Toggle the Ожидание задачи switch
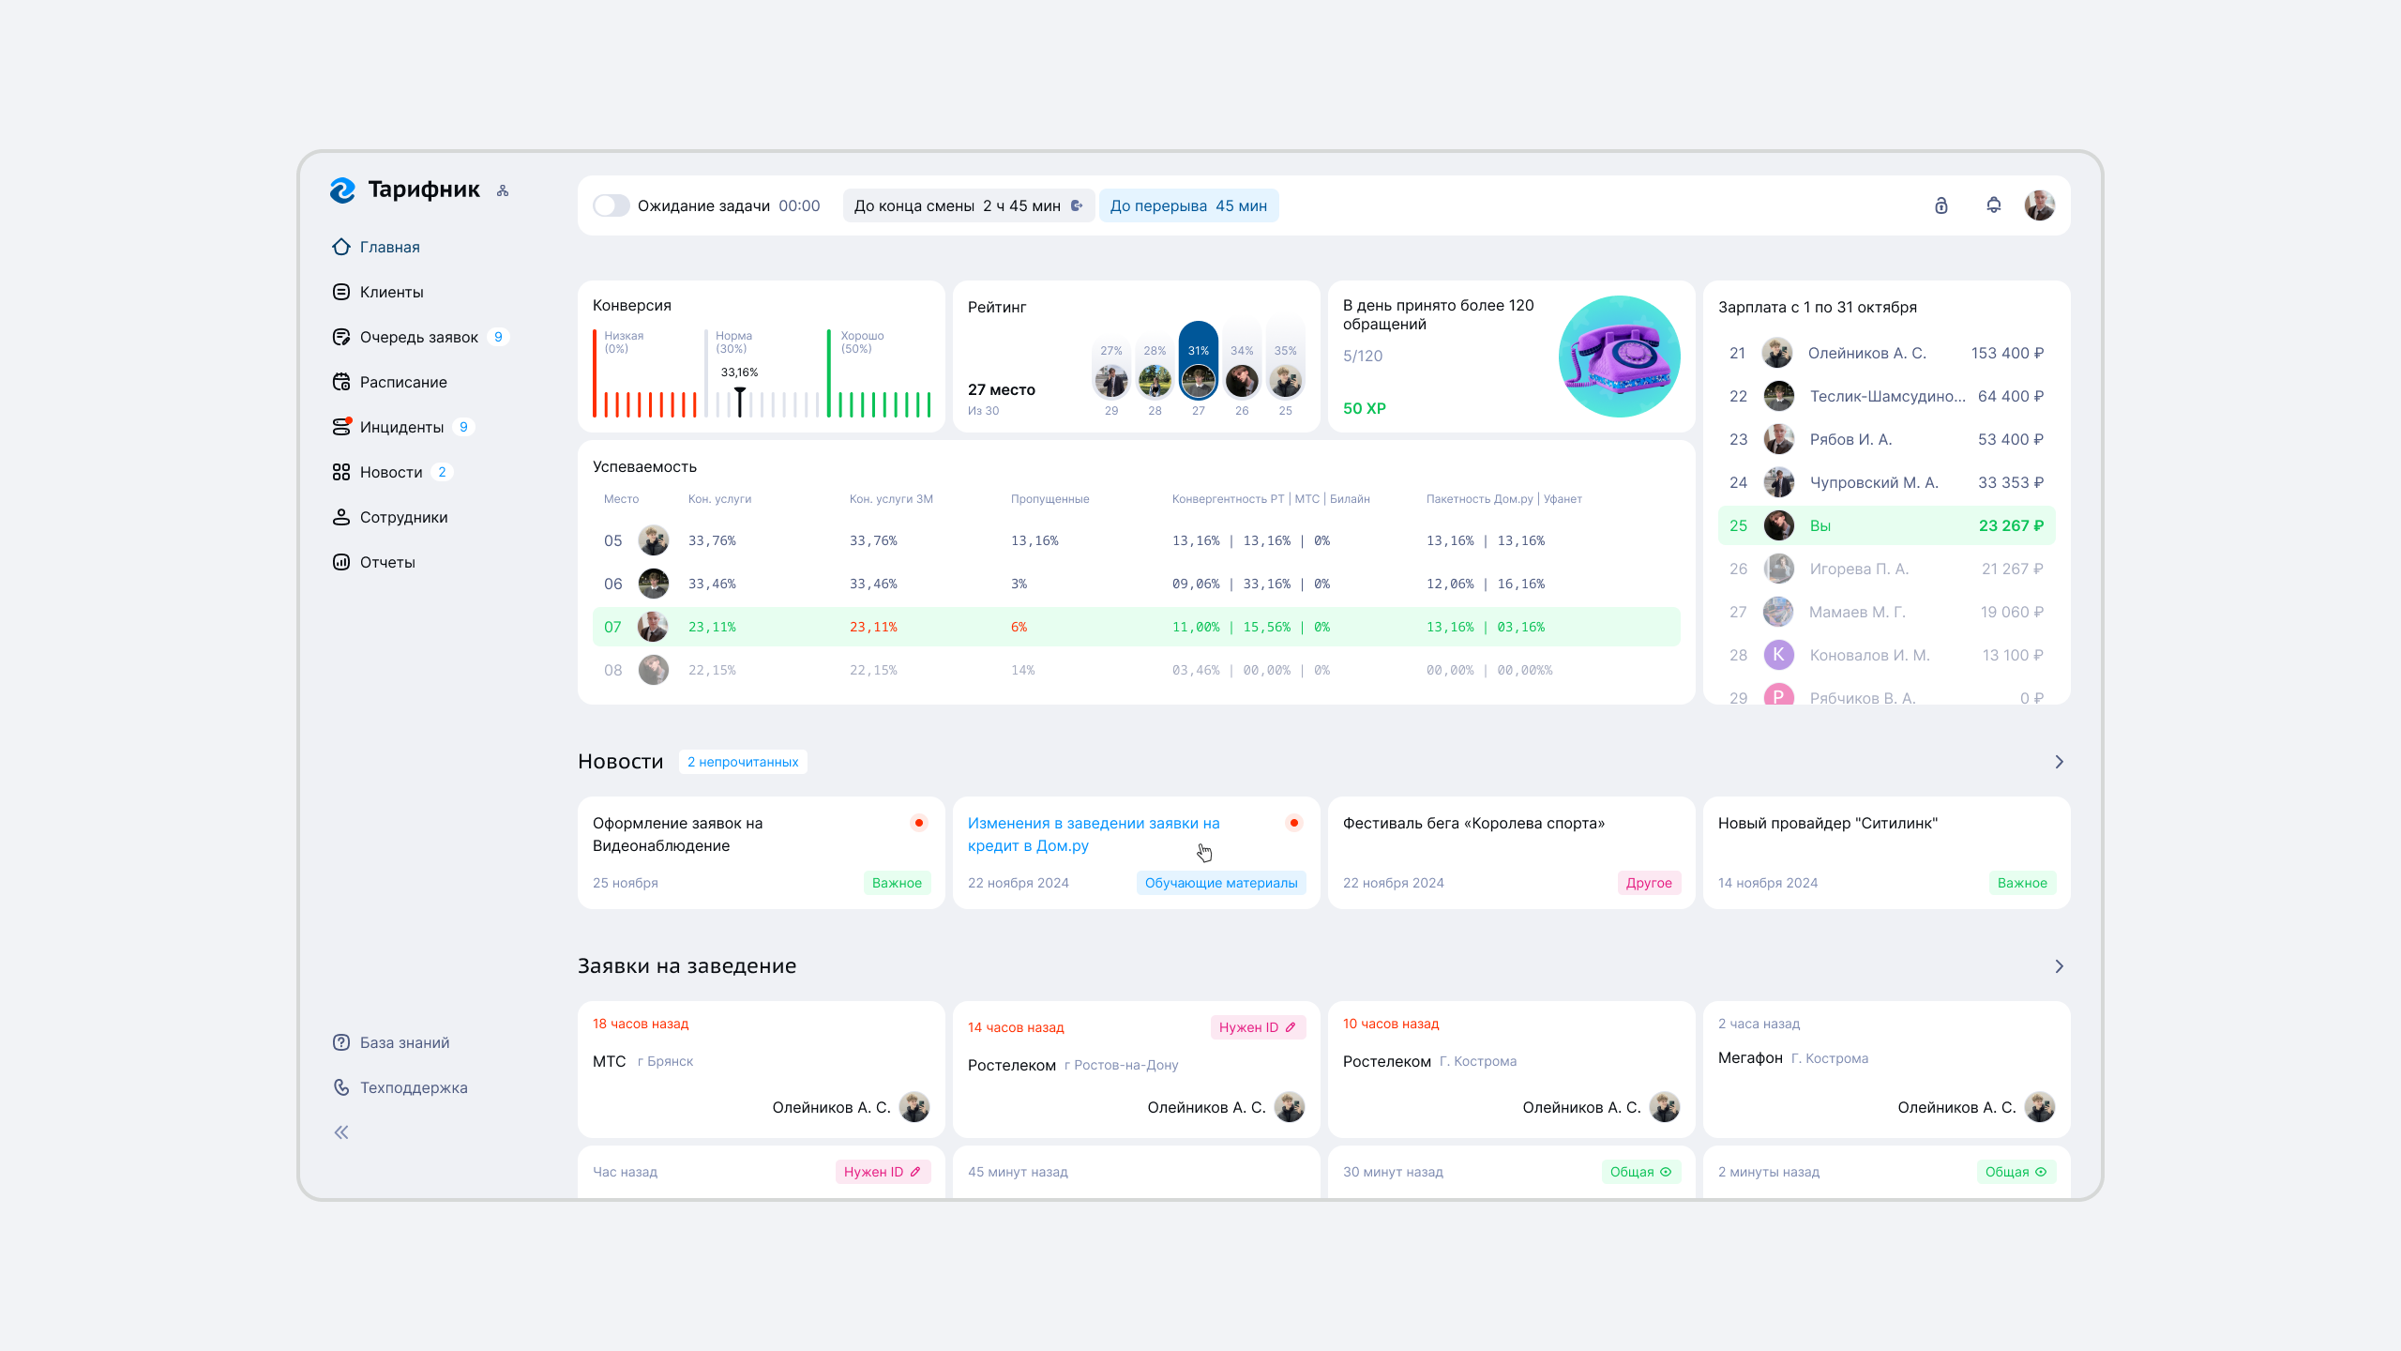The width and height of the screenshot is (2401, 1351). coord(611,205)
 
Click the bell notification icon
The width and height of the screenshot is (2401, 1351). coord(1993,205)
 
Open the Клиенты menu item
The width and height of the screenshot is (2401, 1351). coord(391,292)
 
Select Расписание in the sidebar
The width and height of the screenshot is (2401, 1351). coord(403,382)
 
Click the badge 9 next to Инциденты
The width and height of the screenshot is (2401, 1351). coord(463,427)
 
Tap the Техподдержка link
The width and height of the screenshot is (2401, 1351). coord(414,1087)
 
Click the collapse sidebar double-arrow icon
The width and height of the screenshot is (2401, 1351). coord(341,1132)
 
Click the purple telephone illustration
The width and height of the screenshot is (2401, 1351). coord(1619,357)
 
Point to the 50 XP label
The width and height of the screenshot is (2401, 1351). coord(1364,408)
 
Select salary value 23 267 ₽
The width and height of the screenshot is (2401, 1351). coord(2011,525)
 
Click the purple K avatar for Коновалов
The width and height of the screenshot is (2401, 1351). coord(1778,655)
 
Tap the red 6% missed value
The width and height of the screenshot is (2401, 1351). coord(1019,627)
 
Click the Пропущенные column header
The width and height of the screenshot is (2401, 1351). coord(1049,499)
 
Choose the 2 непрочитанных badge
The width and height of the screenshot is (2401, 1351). coord(742,762)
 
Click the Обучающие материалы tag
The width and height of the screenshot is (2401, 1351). coord(1220,883)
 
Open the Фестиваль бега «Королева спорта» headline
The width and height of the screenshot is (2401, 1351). coord(1473,823)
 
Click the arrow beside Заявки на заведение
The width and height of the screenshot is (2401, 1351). coord(2059,966)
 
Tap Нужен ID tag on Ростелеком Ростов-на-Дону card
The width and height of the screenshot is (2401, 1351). coord(1257,1027)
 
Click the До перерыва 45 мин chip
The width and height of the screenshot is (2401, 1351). coord(1188,205)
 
